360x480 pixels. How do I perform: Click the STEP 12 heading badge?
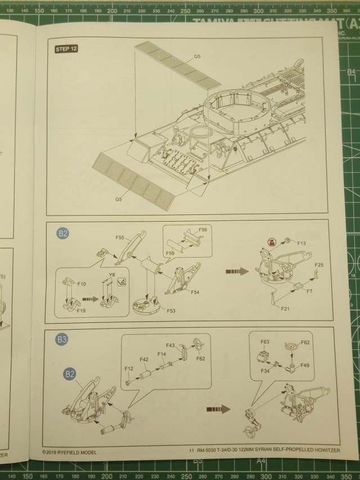coord(66,49)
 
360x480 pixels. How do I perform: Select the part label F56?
coord(202,230)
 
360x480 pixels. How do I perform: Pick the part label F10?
coord(82,268)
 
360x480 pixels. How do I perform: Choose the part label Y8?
coord(111,274)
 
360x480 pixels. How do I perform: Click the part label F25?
coord(319,264)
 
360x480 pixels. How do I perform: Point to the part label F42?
coord(144,359)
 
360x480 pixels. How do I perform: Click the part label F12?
coord(128,368)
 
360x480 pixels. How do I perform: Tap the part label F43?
coord(170,345)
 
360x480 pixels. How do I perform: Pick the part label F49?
coord(304,365)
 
